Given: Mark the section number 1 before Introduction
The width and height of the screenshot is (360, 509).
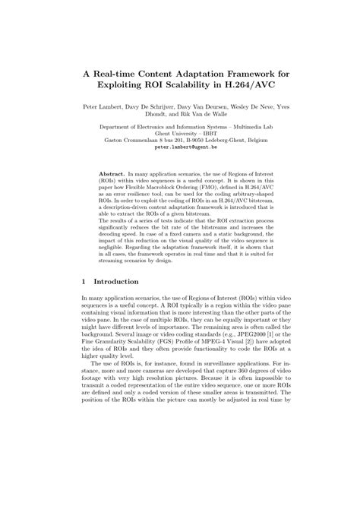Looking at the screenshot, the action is coord(84,281).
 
